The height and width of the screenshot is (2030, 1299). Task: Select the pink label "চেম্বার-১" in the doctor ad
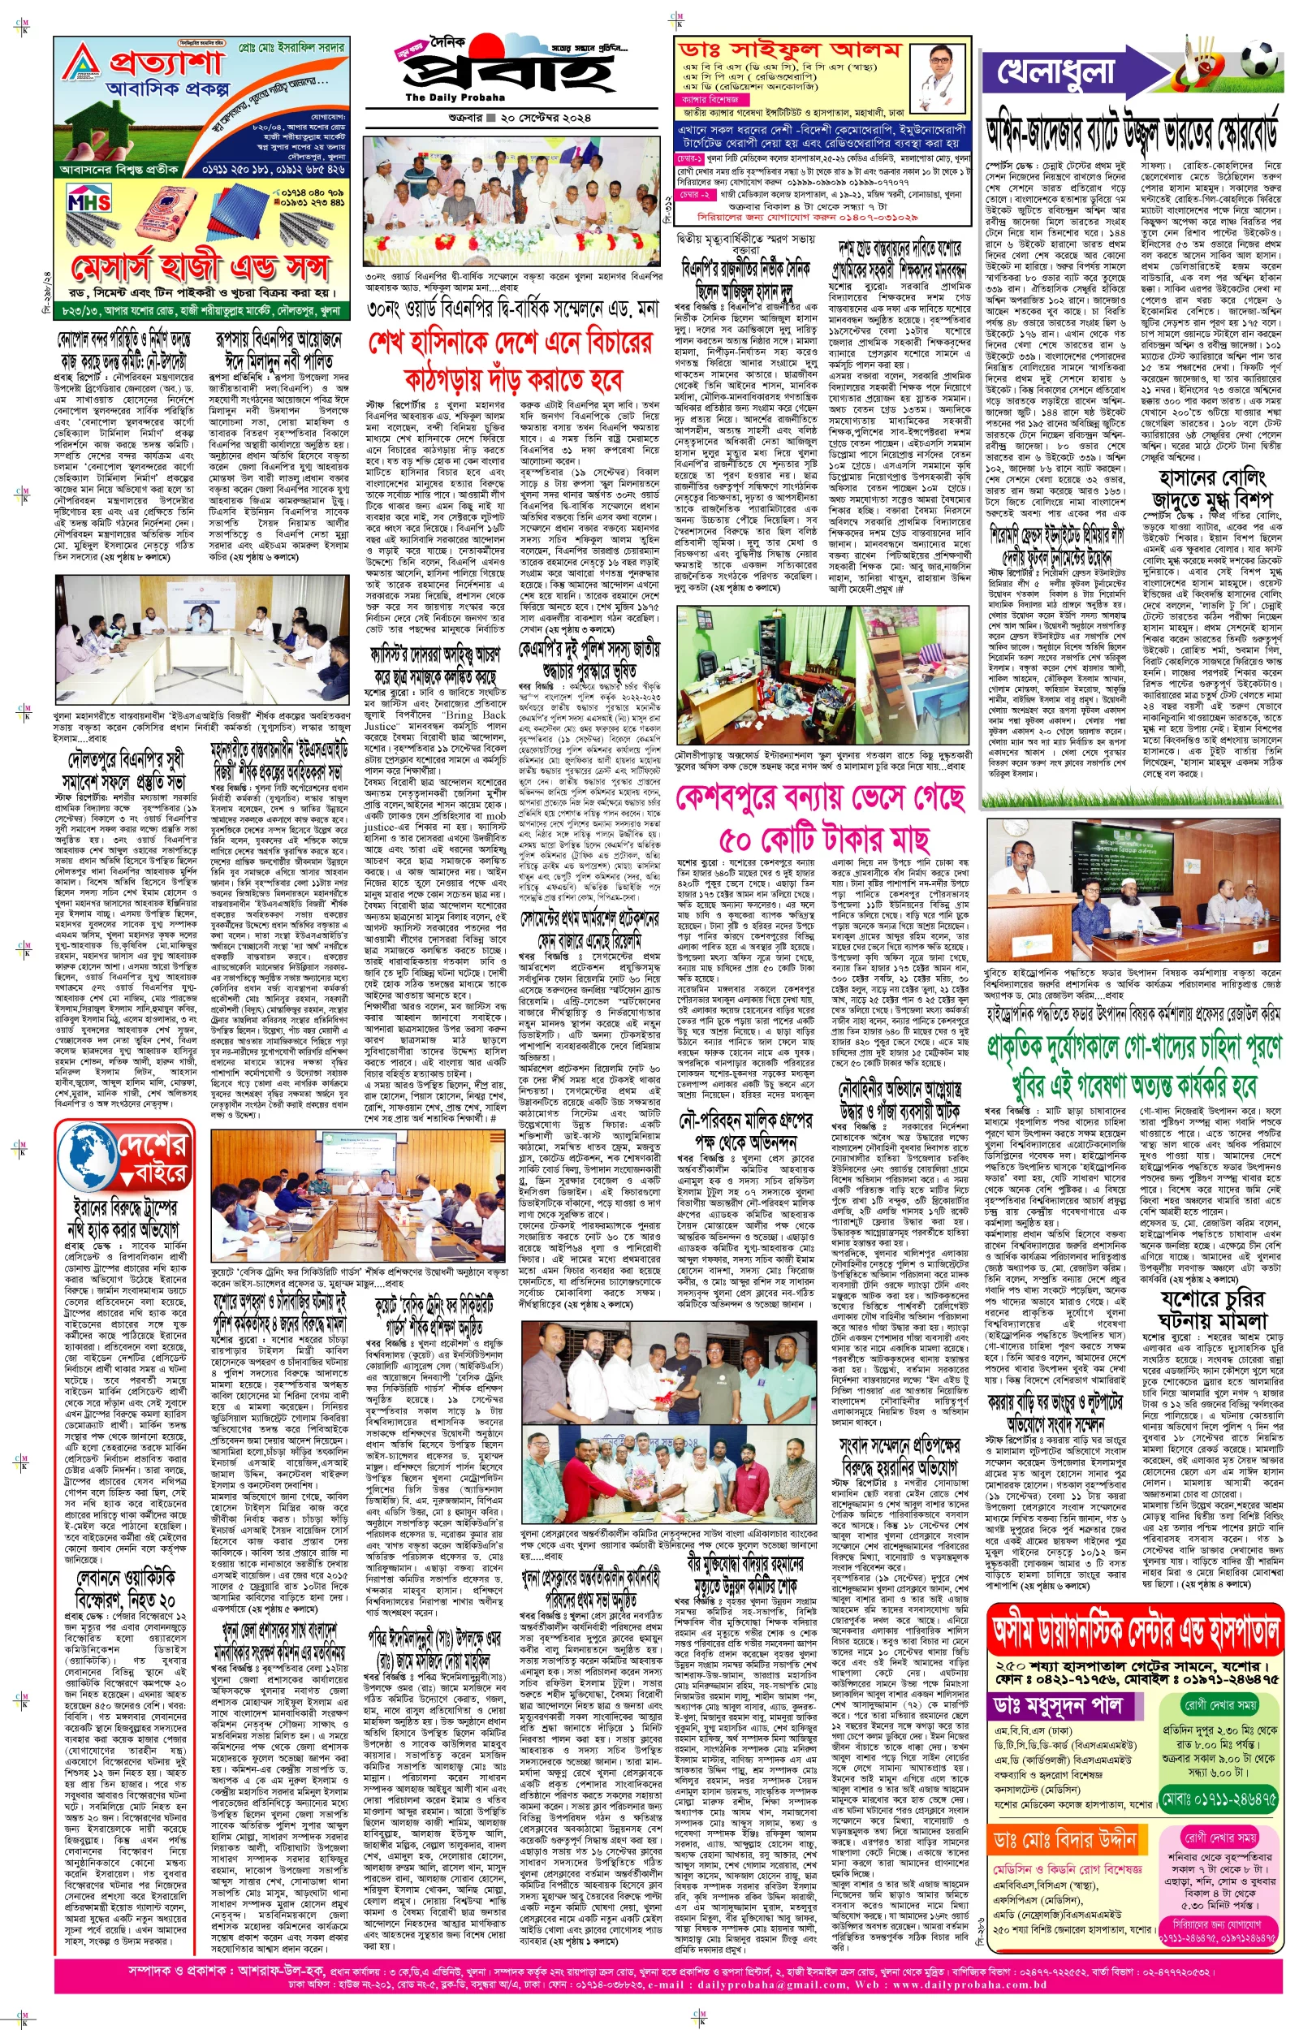click(689, 158)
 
